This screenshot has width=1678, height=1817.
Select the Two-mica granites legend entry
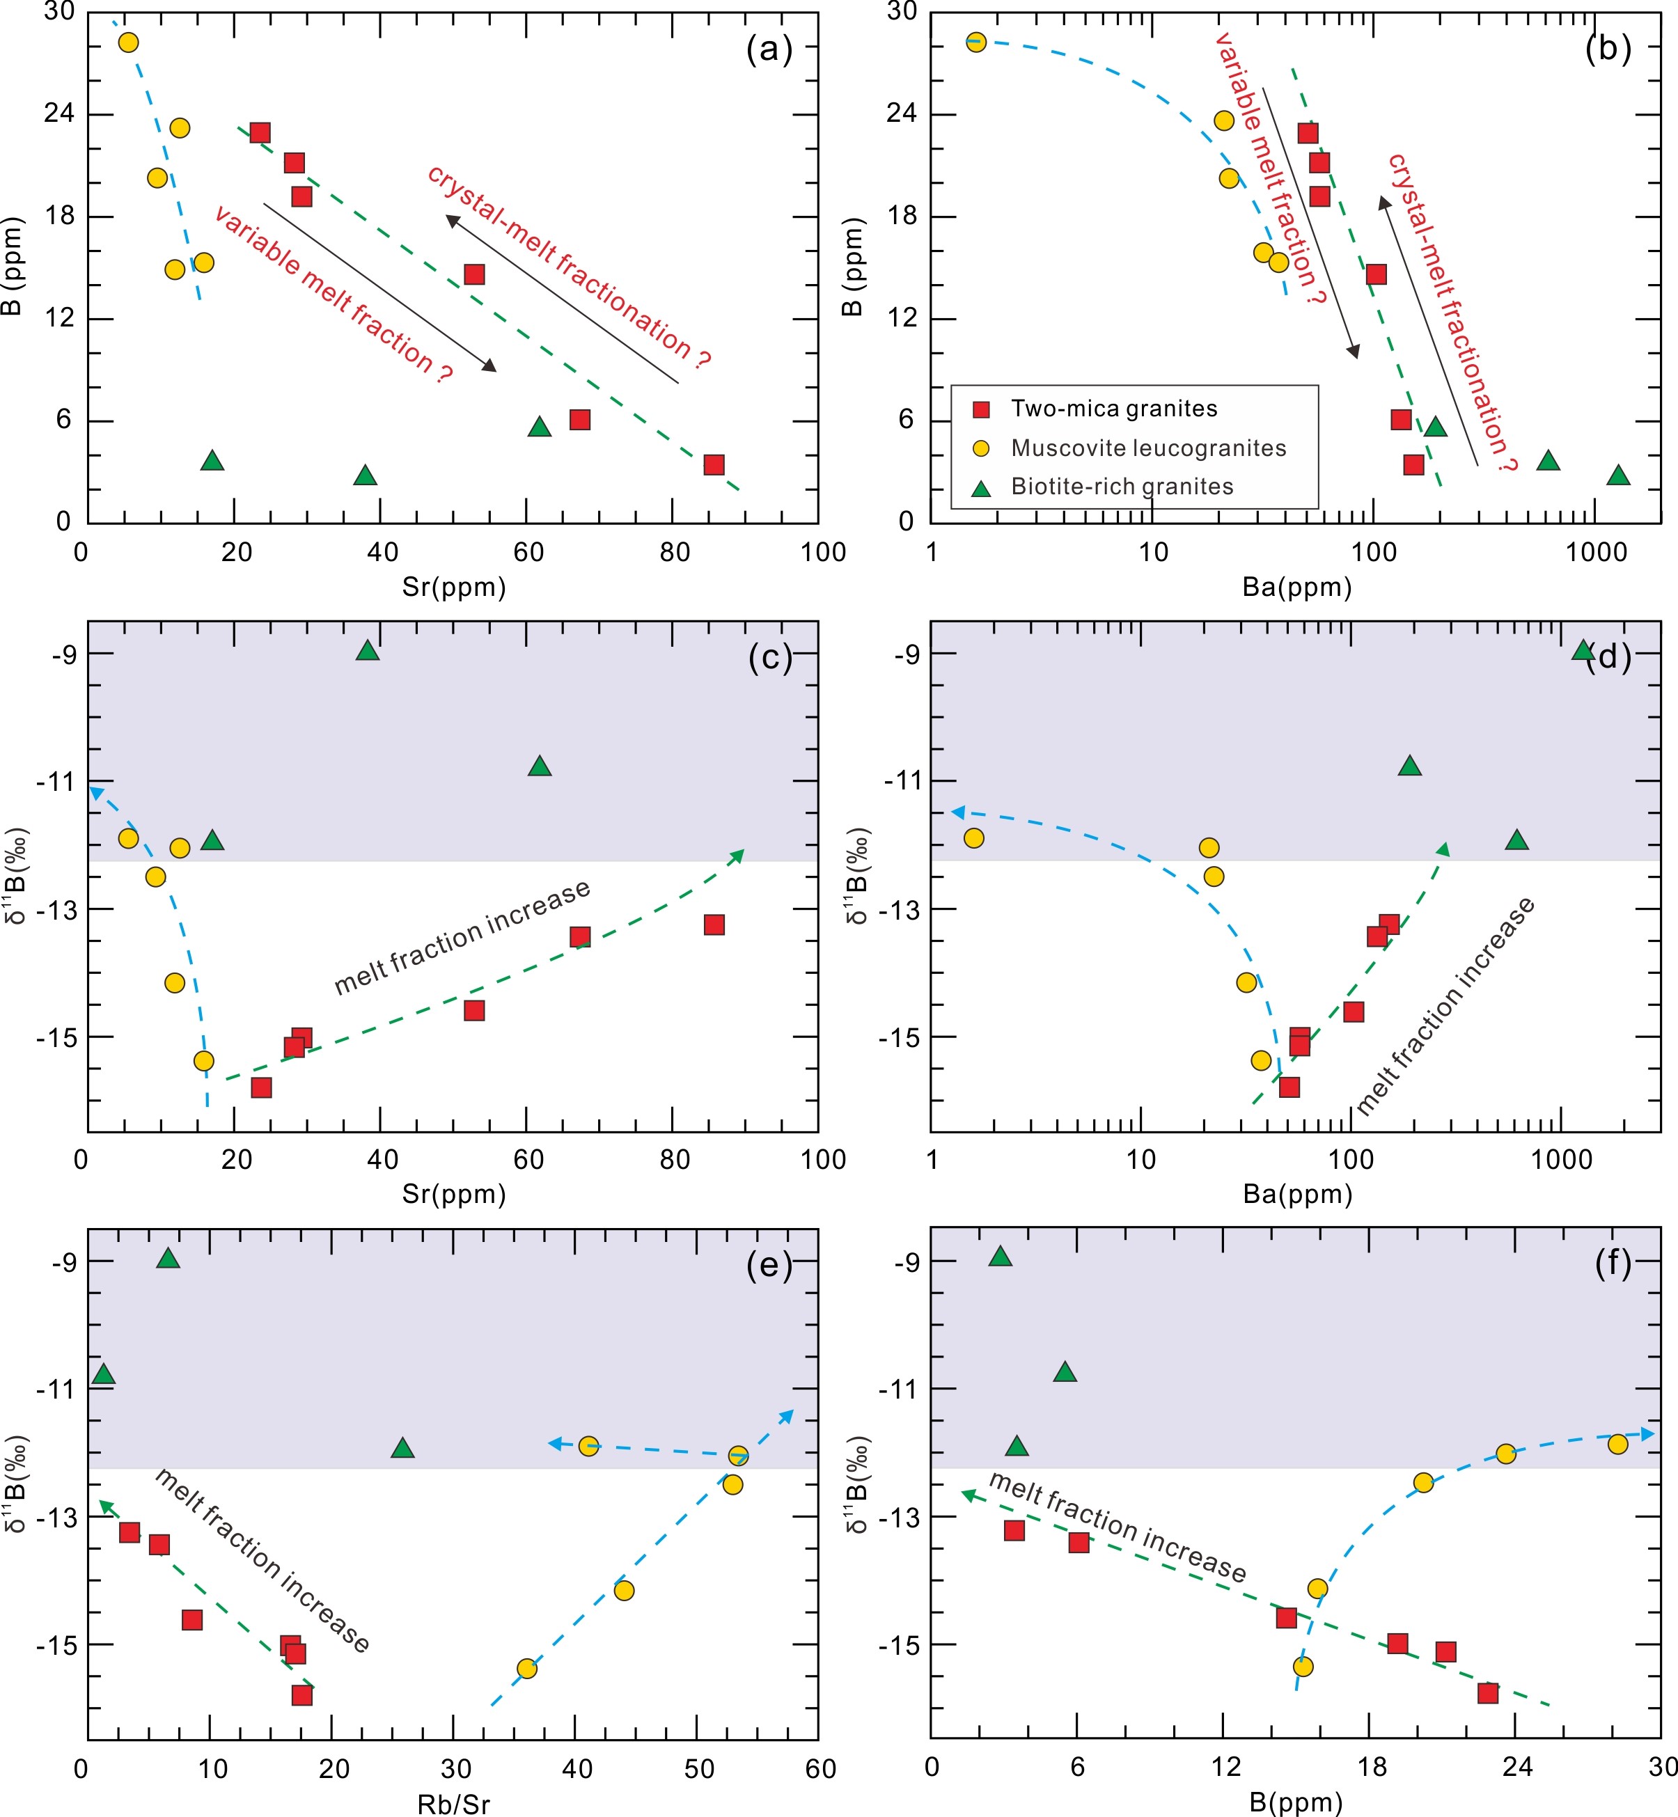point(1113,409)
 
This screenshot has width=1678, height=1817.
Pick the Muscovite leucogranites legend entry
point(1147,448)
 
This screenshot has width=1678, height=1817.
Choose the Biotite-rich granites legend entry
point(1122,487)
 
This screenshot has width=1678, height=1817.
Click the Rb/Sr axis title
point(453,1803)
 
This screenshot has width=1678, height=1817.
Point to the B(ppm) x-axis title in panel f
point(1296,1802)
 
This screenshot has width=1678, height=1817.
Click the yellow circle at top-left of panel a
point(129,42)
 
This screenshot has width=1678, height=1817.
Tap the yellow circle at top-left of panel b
point(976,42)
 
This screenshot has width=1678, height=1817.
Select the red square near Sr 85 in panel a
point(714,465)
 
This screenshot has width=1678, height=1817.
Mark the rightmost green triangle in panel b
point(1618,475)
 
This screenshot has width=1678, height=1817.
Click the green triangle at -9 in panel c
point(368,650)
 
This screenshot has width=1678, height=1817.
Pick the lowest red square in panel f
point(1487,1692)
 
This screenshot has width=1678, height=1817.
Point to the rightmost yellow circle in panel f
point(1617,1444)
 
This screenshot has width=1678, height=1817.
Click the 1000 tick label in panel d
point(1561,1160)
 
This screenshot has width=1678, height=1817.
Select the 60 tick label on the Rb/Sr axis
point(820,1768)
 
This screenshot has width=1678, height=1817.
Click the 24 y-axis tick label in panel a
point(58,113)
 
